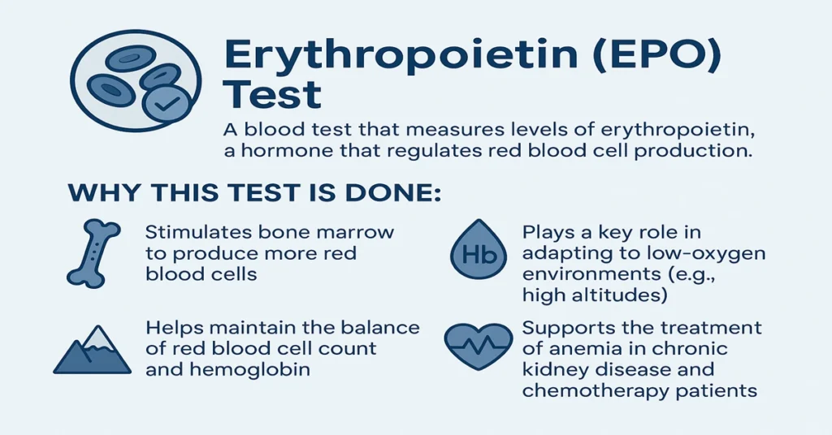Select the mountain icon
click(x=92, y=351)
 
